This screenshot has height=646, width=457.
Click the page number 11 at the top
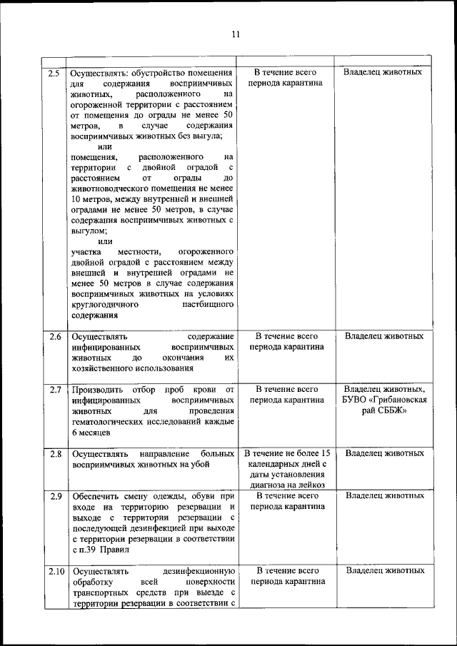point(236,31)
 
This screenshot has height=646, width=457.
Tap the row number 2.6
point(53,336)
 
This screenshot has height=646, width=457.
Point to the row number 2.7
point(53,390)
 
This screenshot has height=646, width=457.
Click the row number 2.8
point(53,453)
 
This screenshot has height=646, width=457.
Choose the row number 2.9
point(53,495)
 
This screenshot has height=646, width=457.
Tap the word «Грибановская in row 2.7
point(399,400)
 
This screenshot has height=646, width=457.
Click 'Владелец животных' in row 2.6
point(384,336)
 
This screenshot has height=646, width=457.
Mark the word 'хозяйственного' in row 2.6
point(104,368)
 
